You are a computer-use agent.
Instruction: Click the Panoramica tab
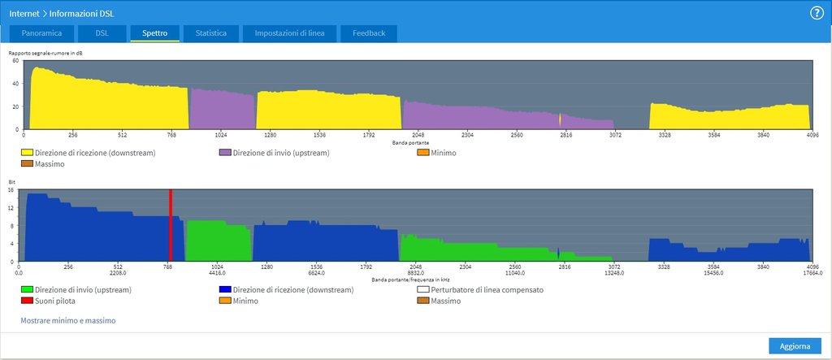point(41,33)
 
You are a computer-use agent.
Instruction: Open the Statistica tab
point(210,33)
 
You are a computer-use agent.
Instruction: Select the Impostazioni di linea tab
point(290,33)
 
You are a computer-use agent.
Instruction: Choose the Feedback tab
point(369,33)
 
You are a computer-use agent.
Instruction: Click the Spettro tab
point(154,33)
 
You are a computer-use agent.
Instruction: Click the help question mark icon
point(817,13)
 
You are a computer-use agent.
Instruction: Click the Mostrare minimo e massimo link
point(68,321)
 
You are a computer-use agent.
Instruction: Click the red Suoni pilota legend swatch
point(27,301)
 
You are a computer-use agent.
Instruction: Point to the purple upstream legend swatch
point(224,153)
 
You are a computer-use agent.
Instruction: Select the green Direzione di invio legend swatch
point(27,289)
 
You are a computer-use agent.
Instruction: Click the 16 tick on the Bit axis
point(11,190)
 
